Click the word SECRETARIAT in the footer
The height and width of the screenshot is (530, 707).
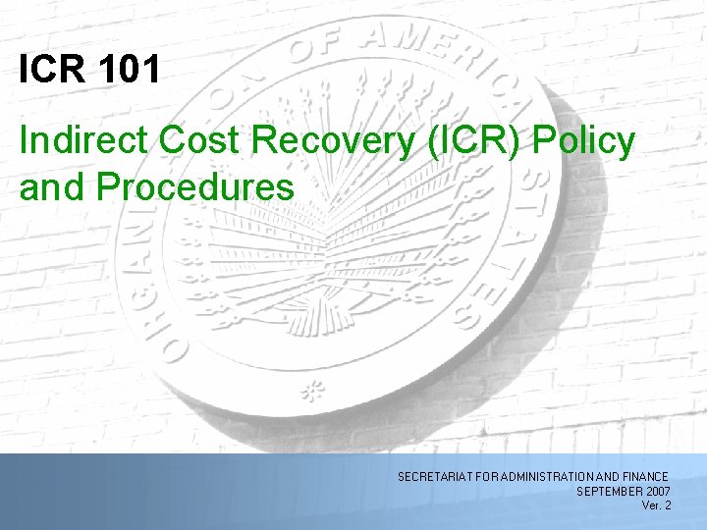point(431,476)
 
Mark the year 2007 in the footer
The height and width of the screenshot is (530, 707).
point(659,491)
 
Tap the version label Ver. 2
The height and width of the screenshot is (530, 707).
point(656,505)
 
